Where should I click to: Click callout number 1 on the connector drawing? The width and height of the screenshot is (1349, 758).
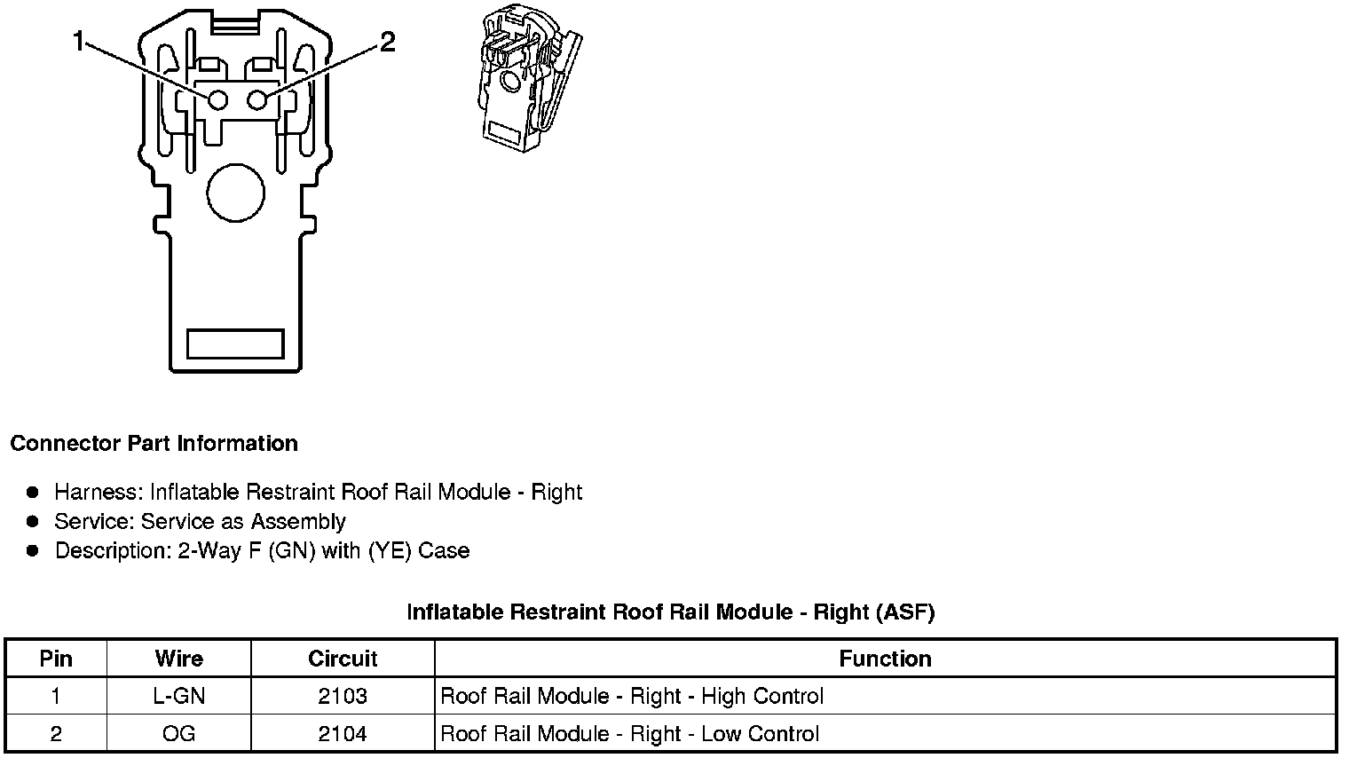(x=80, y=41)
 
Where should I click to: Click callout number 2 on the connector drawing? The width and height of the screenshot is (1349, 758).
(x=387, y=42)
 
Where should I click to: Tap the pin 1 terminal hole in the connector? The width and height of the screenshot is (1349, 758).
(x=217, y=99)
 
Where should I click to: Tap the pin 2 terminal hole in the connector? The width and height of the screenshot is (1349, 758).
(x=257, y=99)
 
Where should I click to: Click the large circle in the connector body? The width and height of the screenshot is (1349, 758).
(x=235, y=193)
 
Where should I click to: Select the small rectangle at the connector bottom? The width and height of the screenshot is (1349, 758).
(x=235, y=343)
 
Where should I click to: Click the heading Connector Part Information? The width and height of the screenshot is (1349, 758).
(x=154, y=444)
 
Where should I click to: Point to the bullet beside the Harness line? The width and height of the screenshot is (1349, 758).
(x=33, y=492)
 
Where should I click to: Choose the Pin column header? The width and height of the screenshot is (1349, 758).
(x=56, y=659)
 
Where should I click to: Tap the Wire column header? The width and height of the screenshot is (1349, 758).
(x=178, y=659)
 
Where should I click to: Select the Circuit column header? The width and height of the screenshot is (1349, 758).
(x=343, y=659)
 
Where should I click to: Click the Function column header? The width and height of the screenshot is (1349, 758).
(x=885, y=659)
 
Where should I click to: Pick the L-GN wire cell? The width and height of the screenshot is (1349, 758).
(x=178, y=697)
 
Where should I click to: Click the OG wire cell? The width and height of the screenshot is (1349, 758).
(x=178, y=734)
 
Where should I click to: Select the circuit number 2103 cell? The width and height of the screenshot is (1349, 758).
(x=343, y=697)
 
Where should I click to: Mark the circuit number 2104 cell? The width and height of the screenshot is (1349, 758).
(x=343, y=734)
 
